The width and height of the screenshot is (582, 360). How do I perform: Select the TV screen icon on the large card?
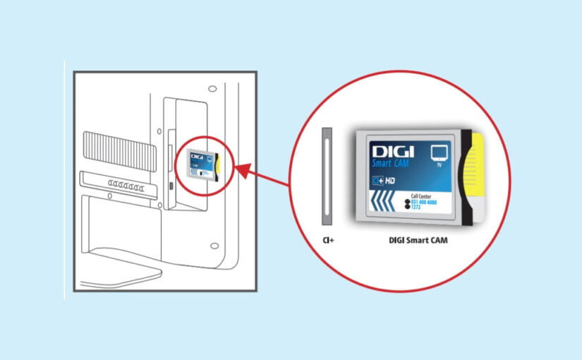pos(439,153)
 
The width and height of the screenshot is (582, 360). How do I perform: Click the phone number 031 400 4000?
pos(424,201)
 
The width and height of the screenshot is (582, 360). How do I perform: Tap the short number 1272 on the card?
pos(418,207)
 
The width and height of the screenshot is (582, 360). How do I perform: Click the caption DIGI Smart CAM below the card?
pos(418,241)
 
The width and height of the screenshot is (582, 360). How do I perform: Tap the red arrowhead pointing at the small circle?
pos(241,169)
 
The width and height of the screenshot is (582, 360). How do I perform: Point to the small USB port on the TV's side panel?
pos(171,186)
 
